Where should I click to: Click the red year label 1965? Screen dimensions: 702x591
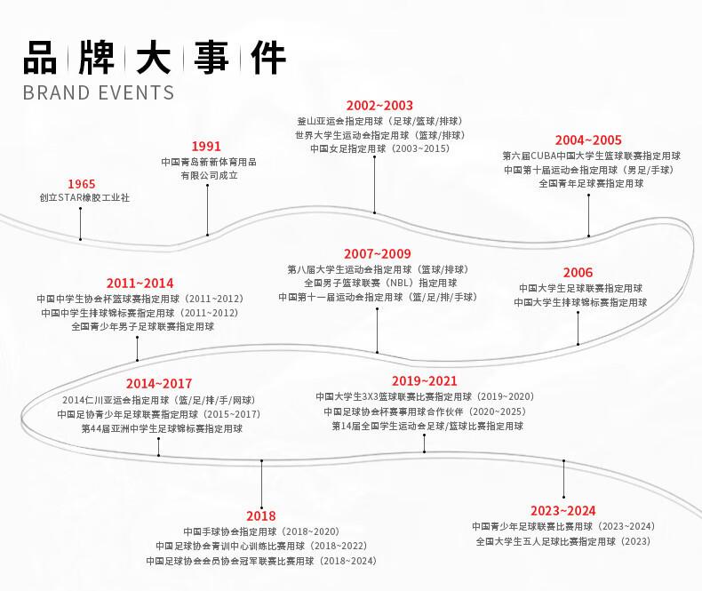tap(81, 184)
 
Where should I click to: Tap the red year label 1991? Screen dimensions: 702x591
tap(206, 147)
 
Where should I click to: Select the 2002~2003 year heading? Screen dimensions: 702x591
tap(379, 106)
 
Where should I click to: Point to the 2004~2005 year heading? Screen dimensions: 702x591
tap(588, 140)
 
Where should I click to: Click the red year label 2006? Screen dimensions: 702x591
tap(578, 273)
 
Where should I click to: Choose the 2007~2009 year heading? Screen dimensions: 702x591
tap(378, 254)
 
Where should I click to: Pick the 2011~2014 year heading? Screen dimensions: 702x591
tap(140, 284)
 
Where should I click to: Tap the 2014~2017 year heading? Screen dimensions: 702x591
tap(158, 385)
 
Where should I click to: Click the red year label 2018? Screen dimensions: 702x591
tap(261, 515)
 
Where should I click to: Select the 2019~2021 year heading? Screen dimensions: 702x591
tap(424, 381)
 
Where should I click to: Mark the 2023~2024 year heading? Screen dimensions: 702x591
tap(562, 510)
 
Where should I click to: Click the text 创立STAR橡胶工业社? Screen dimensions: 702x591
tap(84, 198)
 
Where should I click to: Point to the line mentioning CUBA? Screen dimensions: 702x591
tap(591, 156)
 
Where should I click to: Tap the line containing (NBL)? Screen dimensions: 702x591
tap(380, 283)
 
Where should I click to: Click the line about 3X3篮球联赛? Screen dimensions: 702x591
tap(424, 396)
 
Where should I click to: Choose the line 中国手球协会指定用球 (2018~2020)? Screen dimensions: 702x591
tap(261, 531)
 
